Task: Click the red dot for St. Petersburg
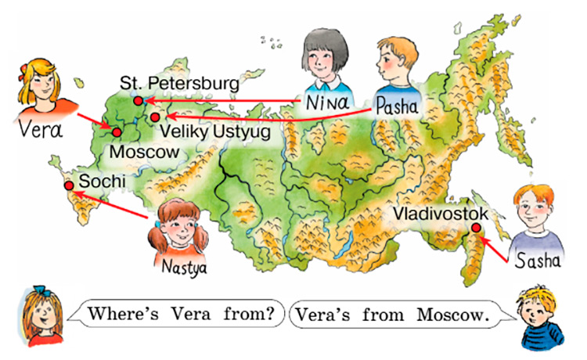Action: [x=138, y=101]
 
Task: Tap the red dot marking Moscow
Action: [x=117, y=132]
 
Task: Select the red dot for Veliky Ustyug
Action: [x=155, y=117]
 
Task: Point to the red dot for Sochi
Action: [x=69, y=185]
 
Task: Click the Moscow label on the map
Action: [x=145, y=150]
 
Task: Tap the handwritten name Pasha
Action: [x=396, y=103]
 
